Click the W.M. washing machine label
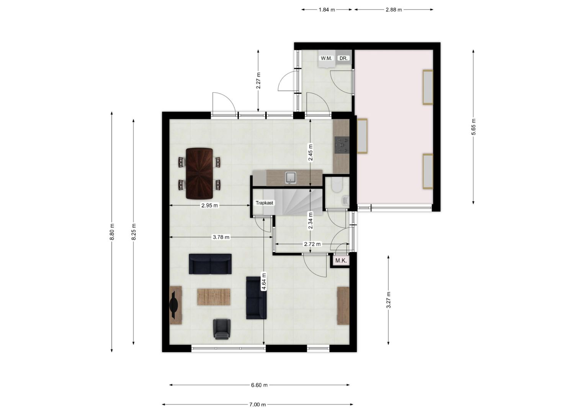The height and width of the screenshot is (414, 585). (x=326, y=58)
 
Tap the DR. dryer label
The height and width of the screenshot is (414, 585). (x=343, y=58)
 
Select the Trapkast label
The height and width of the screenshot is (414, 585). (x=264, y=203)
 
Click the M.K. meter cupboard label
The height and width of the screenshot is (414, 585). (x=341, y=261)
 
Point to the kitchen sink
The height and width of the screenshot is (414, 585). (x=291, y=178)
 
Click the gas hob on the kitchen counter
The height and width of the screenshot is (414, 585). (x=342, y=145)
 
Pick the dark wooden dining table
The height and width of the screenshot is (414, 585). (x=199, y=173)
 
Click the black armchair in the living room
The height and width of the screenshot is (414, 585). (x=222, y=329)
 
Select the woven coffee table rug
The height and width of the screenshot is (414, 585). (x=214, y=297)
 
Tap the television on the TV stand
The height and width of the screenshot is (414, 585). (x=174, y=305)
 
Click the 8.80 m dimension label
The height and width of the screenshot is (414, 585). (x=112, y=232)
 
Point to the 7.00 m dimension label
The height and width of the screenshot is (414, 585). (x=257, y=404)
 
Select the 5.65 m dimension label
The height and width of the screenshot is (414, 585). (x=473, y=127)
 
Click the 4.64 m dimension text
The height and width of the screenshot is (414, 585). (x=264, y=281)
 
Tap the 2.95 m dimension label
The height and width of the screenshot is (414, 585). (x=209, y=205)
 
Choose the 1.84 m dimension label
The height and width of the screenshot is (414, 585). (x=327, y=10)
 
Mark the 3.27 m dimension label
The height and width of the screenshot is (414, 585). (x=388, y=300)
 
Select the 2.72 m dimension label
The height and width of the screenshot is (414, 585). (x=312, y=244)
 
